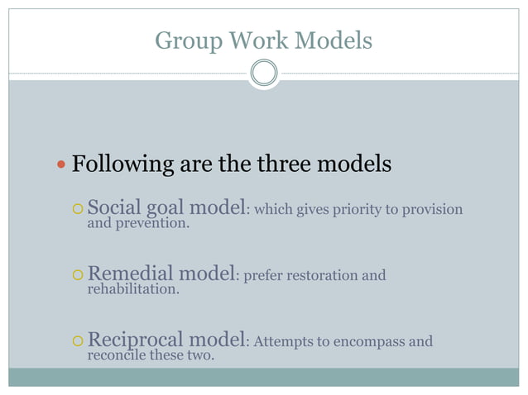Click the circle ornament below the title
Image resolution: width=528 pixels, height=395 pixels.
[264, 73]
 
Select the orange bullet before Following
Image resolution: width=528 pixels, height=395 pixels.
[60, 165]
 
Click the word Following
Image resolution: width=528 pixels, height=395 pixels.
[122, 164]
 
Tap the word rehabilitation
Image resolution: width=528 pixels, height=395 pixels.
[132, 289]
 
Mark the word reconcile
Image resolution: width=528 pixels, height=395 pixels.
[117, 355]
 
